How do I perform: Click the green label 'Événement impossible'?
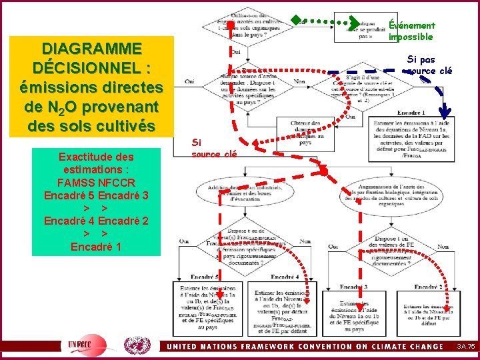click(411, 31)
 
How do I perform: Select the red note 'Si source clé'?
click(213, 148)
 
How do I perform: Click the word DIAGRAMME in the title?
click(91, 49)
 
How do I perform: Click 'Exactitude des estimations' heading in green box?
click(95, 163)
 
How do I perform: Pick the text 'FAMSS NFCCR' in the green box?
click(96, 183)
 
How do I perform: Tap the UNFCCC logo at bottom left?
click(83, 345)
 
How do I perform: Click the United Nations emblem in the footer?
click(137, 345)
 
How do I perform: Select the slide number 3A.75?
click(465, 347)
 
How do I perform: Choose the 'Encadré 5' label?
click(205, 277)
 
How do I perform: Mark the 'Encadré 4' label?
click(284, 277)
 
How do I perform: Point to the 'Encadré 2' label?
click(429, 287)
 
